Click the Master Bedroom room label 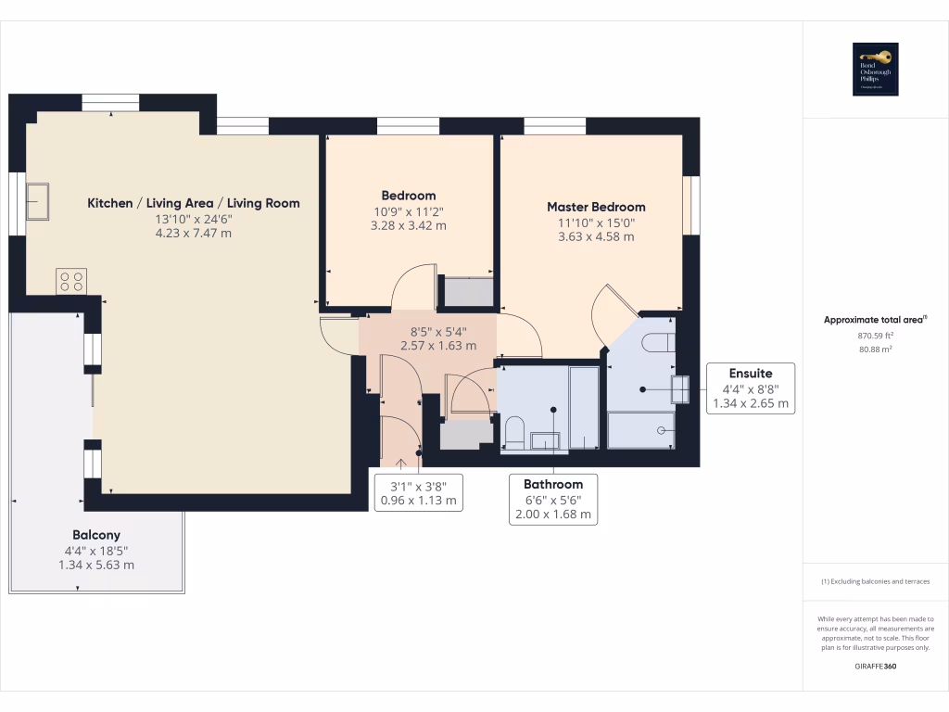[x=596, y=207]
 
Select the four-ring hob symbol [x=71, y=279]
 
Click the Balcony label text [x=96, y=535]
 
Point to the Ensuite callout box [x=750, y=388]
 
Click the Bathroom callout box [x=553, y=499]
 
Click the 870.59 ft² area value [x=875, y=336]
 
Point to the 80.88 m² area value [x=875, y=350]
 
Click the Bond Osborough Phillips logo [x=875, y=70]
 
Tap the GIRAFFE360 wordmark [x=875, y=666]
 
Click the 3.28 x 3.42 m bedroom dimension [x=409, y=225]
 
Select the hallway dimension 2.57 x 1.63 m [x=437, y=345]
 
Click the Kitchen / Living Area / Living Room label [x=194, y=203]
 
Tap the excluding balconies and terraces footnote [x=875, y=581]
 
